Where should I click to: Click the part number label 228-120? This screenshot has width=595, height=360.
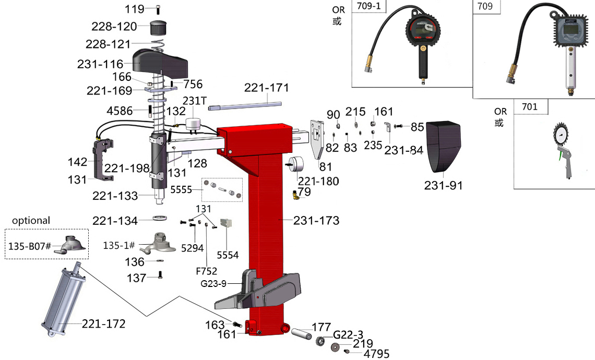[114, 27]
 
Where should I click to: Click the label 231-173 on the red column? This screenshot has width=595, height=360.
[316, 221]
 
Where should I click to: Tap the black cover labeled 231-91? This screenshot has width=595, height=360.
[443, 146]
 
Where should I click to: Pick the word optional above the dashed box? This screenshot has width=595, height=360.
[31, 220]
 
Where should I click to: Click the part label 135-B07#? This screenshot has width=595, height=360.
[29, 245]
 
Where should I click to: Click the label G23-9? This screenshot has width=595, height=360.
[213, 284]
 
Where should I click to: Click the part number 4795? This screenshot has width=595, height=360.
[376, 354]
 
